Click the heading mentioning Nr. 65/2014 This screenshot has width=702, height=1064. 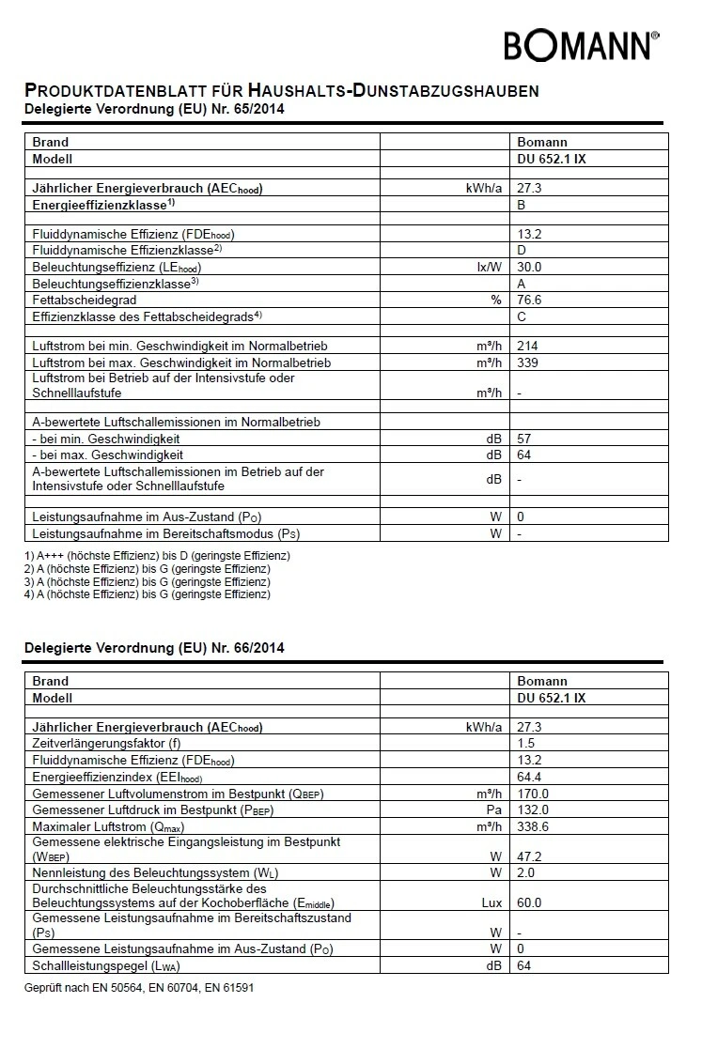pos(153,110)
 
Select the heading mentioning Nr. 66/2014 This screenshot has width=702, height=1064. pos(153,648)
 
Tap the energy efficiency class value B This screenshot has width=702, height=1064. pos(522,204)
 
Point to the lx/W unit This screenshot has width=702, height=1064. pos(490,267)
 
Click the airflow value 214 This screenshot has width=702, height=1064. pos(527,347)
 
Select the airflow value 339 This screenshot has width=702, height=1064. pos(527,362)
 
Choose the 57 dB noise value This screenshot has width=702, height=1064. pos(524,439)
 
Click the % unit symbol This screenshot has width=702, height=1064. pos(496,300)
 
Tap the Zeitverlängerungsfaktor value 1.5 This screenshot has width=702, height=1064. pos(525,743)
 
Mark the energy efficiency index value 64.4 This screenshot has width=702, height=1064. pos(529,777)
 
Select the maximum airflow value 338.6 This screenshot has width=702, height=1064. pos(532,826)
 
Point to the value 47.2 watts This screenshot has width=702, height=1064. pos(529,857)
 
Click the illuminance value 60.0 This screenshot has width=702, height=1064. pos(529,902)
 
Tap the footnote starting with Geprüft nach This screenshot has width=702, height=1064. pos(138,988)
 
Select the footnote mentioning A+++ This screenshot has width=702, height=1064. pos(157,556)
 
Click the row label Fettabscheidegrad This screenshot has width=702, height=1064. pos(85,300)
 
